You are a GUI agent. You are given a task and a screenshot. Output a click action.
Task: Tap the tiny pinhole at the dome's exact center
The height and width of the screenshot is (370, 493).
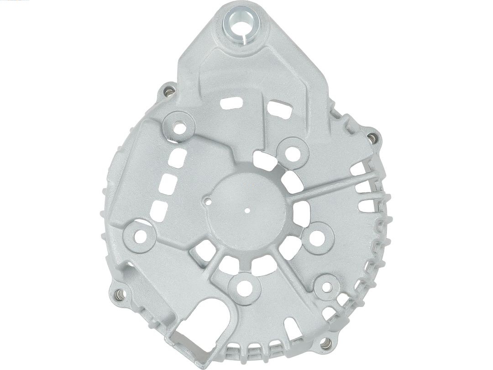(247, 211)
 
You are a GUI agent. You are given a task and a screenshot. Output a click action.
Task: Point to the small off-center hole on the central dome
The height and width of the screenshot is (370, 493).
(208, 200)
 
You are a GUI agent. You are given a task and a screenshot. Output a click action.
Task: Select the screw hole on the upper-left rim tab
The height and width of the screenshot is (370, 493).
(169, 92)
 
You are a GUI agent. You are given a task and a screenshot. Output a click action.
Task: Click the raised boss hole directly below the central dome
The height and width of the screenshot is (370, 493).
(244, 287)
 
